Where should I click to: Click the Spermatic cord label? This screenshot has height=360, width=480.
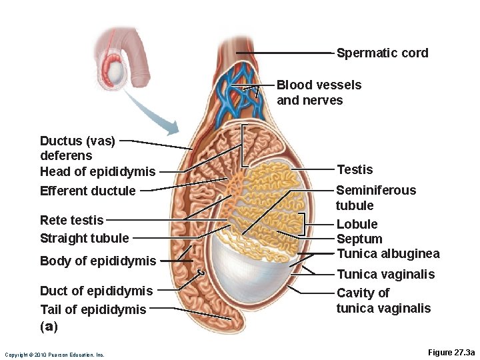382,53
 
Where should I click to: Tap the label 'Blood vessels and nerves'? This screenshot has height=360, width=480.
319,93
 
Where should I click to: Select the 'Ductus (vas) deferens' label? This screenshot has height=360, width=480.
77,148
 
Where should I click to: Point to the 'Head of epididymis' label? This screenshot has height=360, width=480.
97,171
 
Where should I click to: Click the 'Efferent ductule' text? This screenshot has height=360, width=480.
88,191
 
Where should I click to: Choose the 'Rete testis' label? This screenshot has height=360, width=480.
71,220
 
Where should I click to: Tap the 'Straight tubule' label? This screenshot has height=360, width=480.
84,238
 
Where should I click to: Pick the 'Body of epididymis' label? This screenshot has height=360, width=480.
97,261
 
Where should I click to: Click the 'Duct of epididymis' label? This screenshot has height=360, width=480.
96,291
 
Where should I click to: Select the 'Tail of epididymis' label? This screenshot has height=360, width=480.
93,309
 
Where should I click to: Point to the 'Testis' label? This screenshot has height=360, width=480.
355,169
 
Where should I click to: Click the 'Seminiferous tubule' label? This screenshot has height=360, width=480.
375,198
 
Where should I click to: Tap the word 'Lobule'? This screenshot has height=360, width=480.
357,224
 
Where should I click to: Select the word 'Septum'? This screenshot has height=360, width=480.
359,239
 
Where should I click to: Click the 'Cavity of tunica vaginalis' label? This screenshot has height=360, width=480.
383,301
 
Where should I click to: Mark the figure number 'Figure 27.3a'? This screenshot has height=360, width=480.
442,352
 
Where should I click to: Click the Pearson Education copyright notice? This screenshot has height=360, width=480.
54,355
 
